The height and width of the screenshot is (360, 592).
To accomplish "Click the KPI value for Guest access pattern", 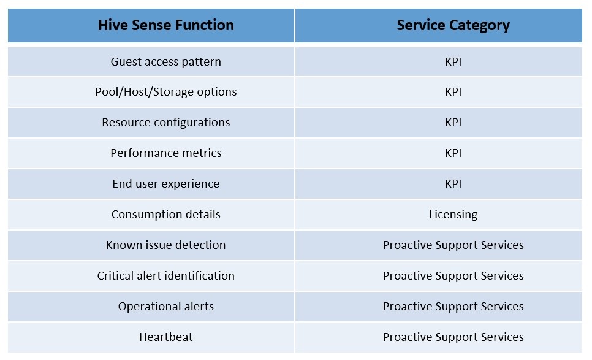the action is tap(453, 61).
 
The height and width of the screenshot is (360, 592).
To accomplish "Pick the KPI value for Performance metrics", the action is tap(453, 153).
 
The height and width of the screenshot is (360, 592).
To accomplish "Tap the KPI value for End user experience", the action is tap(453, 183).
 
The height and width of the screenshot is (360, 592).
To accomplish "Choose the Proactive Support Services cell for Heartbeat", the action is tap(453, 337).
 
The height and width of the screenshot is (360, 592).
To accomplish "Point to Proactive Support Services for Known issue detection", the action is tap(453, 245).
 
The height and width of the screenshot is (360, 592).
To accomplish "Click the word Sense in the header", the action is tap(149, 25).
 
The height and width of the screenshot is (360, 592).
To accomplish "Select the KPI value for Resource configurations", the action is tap(453, 123).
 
